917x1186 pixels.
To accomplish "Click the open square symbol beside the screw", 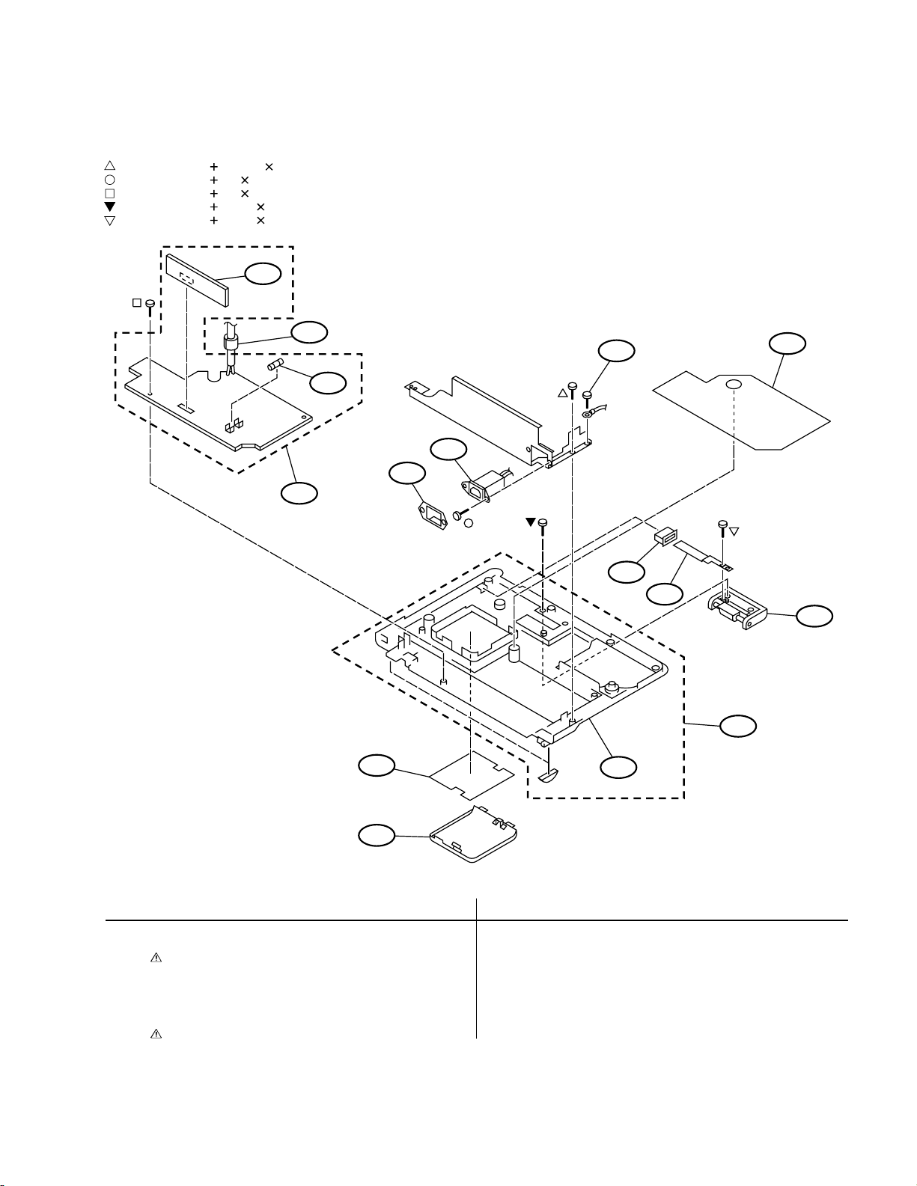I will point(137,303).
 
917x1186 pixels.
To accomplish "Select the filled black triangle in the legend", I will point(109,207).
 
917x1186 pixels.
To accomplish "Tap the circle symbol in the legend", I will point(109,180).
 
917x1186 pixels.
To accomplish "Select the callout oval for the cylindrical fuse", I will point(329,382).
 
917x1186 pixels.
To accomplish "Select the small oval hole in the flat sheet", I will point(734,384).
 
